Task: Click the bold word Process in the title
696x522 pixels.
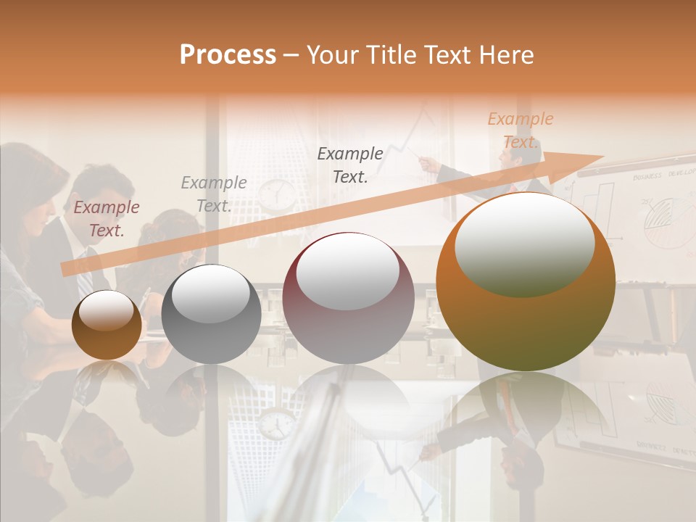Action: (x=228, y=55)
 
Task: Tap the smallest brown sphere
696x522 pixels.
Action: (x=107, y=326)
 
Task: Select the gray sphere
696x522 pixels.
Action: (x=211, y=314)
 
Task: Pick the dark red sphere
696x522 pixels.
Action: (x=348, y=299)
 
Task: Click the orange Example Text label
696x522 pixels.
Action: (x=521, y=130)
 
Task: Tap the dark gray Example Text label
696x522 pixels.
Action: (x=350, y=165)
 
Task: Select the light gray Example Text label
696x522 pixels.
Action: (x=214, y=194)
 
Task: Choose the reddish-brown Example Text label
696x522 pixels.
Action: (x=107, y=218)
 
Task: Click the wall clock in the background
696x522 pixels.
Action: (x=277, y=194)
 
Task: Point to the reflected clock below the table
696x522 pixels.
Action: (x=276, y=424)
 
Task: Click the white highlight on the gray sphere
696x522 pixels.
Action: (x=211, y=292)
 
